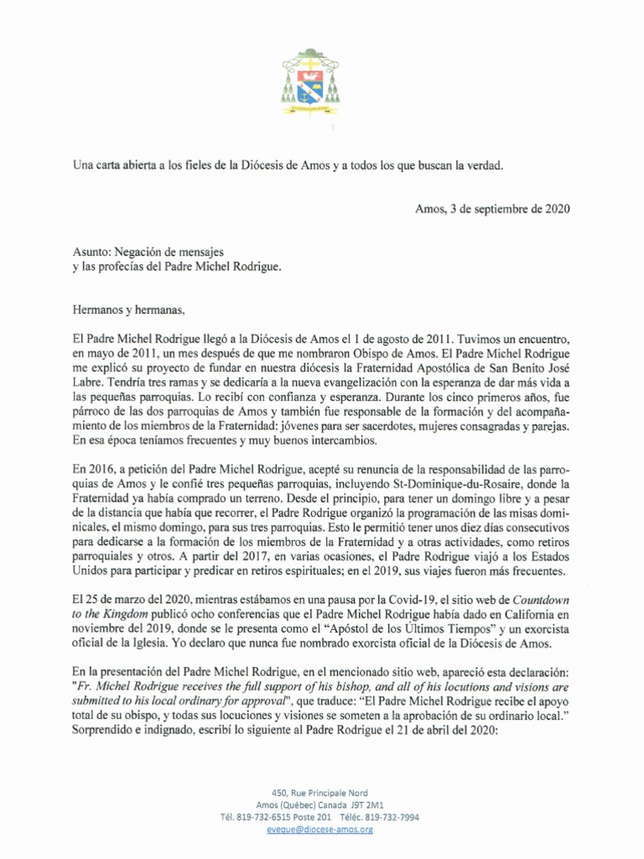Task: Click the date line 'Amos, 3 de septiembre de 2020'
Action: point(492,209)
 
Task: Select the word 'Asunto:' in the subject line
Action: point(93,250)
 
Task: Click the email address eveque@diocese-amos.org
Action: point(322,829)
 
